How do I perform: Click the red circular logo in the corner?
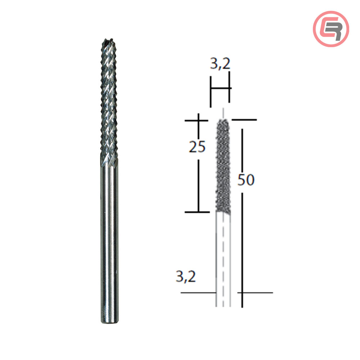(x=331, y=29)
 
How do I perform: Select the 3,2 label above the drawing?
(x=220, y=65)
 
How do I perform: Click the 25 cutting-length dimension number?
(x=197, y=147)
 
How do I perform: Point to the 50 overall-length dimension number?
(x=246, y=180)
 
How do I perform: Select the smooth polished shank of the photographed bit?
(x=109, y=234)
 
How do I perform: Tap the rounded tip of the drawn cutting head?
(x=223, y=121)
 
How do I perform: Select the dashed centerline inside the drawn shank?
(x=223, y=259)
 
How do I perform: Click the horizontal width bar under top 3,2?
(x=220, y=88)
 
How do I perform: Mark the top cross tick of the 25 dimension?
(x=198, y=120)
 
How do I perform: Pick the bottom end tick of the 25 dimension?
(x=197, y=212)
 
